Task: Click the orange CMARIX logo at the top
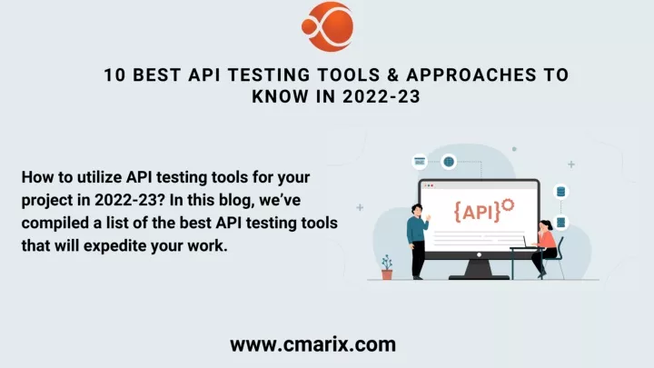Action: pyautogui.click(x=327, y=26)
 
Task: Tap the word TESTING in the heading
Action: pyautogui.click(x=269, y=75)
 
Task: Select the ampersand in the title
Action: pyautogui.click(x=393, y=75)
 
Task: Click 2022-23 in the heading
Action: pyautogui.click(x=381, y=97)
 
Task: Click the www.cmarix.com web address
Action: pyautogui.click(x=312, y=344)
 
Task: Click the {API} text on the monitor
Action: pyautogui.click(x=477, y=212)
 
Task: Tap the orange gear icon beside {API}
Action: pyautogui.click(x=508, y=205)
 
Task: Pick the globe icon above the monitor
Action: pyautogui.click(x=449, y=162)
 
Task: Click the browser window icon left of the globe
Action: pyautogui.click(x=420, y=162)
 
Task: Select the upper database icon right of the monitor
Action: pyautogui.click(x=560, y=192)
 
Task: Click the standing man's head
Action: pyautogui.click(x=417, y=210)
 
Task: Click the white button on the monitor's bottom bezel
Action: pyautogui.click(x=479, y=254)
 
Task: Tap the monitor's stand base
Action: pyautogui.click(x=479, y=276)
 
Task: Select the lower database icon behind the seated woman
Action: pyautogui.click(x=560, y=222)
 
